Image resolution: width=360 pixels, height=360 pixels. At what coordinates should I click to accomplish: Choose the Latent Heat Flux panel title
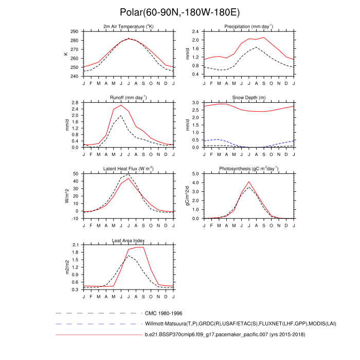tap(129, 169)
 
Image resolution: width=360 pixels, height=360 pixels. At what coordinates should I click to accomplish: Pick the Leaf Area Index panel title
tap(129, 240)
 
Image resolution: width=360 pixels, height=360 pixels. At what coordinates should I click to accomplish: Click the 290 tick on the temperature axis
tap(75, 32)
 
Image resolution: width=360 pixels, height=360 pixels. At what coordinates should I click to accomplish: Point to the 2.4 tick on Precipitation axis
tap(195, 32)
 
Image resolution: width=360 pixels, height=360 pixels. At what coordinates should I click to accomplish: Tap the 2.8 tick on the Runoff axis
tap(75, 103)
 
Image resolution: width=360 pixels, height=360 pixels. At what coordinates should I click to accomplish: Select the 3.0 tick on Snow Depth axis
tap(195, 103)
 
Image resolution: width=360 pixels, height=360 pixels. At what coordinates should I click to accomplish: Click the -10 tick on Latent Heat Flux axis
tap(75, 218)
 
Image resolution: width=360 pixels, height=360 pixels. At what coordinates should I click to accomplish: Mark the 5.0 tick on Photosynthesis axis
tap(195, 174)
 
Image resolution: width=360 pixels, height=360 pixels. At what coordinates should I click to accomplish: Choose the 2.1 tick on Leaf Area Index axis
tap(75, 245)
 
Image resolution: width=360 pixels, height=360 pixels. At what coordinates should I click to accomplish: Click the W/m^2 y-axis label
tap(66, 196)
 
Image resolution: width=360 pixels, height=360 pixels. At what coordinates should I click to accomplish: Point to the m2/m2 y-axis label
tap(66, 267)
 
